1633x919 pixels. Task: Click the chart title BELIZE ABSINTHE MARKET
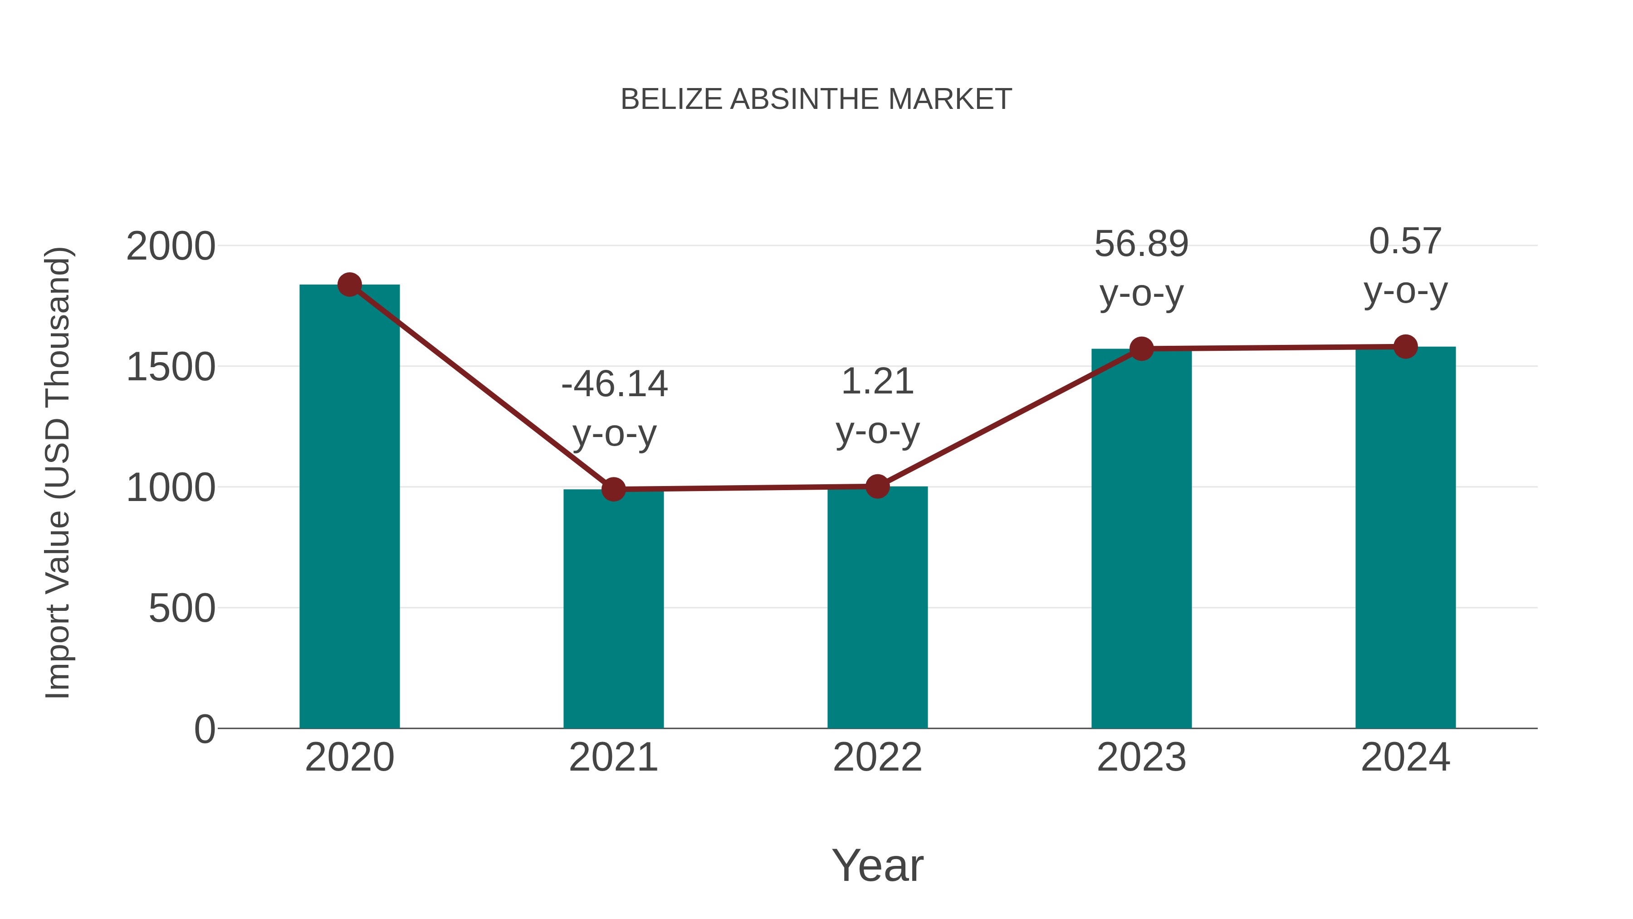(x=816, y=99)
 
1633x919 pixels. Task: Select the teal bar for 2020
(x=349, y=507)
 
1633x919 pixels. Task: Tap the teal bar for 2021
(x=613, y=609)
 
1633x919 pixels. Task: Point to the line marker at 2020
(x=349, y=285)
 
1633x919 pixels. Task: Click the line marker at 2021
(x=613, y=489)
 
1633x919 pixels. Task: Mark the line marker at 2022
(x=877, y=487)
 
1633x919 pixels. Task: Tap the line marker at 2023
(x=1141, y=349)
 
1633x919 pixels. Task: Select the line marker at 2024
(x=1405, y=347)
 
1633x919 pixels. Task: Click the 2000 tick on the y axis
(x=171, y=246)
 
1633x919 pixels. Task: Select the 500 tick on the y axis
(x=182, y=609)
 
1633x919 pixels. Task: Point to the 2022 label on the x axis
(x=877, y=758)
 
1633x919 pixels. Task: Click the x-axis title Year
(x=877, y=866)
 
